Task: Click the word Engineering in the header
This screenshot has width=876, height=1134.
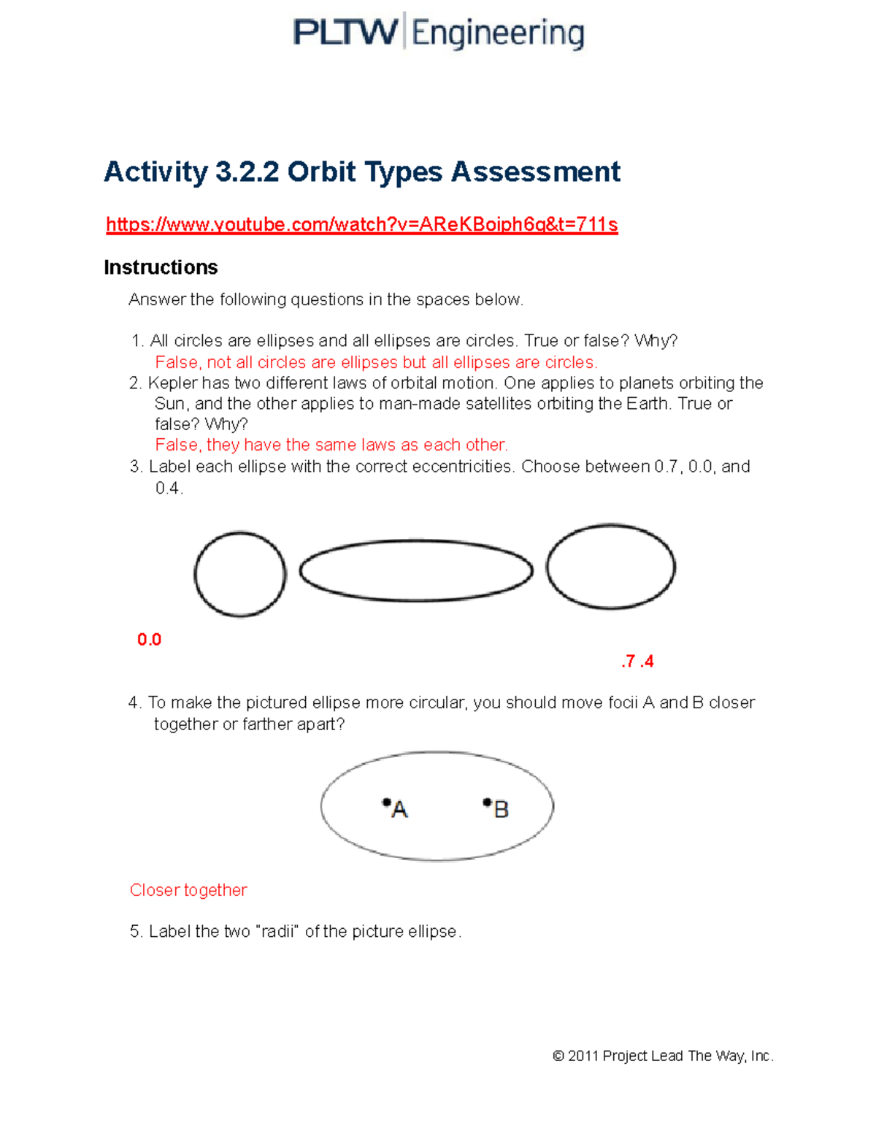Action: click(x=498, y=34)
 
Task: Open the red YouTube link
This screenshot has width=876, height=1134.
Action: click(x=362, y=224)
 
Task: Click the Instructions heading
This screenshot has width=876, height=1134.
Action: click(x=161, y=267)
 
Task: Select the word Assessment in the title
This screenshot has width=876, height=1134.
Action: click(x=536, y=172)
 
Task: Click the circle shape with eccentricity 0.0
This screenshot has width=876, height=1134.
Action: click(x=240, y=575)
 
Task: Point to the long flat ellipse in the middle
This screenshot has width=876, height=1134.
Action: click(x=416, y=571)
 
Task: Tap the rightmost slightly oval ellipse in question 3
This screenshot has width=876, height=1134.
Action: click(x=610, y=567)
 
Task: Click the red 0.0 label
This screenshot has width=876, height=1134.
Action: click(x=149, y=640)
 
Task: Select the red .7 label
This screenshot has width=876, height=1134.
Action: click(x=628, y=662)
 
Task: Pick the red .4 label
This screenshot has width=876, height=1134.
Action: click(x=647, y=662)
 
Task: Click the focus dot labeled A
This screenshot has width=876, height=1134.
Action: click(x=386, y=802)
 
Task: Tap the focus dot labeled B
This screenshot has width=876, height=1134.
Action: click(x=487, y=802)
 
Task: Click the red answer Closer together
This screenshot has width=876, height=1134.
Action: click(x=188, y=890)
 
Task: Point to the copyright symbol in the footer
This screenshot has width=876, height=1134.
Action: click(x=558, y=1056)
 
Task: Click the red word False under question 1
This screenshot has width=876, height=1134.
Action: click(x=177, y=363)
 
